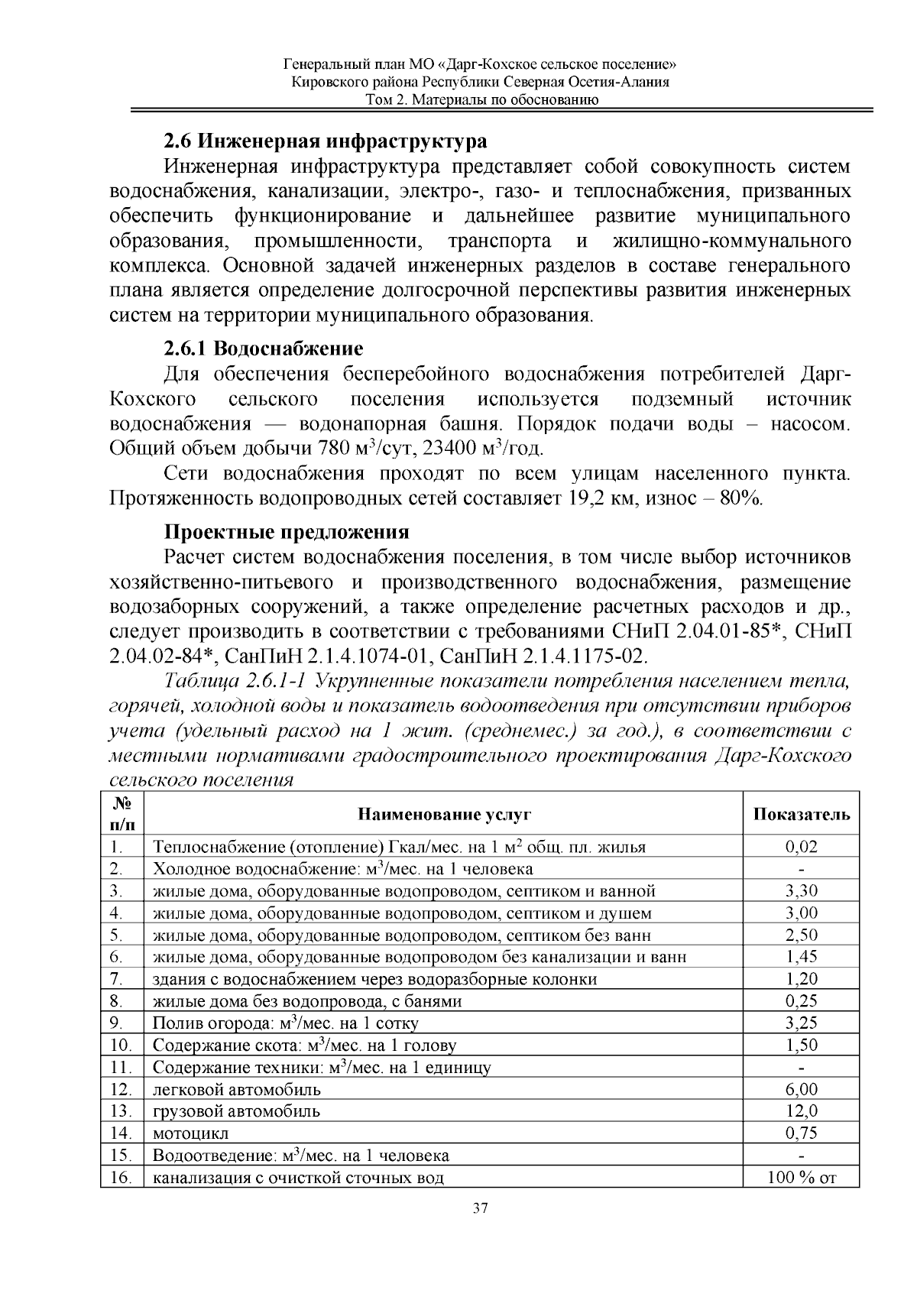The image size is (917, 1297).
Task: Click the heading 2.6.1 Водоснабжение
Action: pyautogui.click(x=263, y=349)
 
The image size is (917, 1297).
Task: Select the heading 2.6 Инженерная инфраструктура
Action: pyautogui.click(x=325, y=141)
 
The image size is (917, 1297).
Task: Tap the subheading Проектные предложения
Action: pyautogui.click(x=287, y=533)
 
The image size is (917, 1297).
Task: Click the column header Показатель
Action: pyautogui.click(x=801, y=815)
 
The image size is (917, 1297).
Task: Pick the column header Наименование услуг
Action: pyautogui.click(x=444, y=815)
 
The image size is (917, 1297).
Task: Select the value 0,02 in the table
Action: pyautogui.click(x=801, y=847)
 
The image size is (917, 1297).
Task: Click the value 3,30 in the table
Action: pyautogui.click(x=801, y=891)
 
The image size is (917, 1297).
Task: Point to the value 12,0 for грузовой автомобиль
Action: pyautogui.click(x=801, y=1111)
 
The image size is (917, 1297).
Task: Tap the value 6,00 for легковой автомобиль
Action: pyautogui.click(x=801, y=1089)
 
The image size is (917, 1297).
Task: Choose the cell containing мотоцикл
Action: pyautogui.click(x=191, y=1133)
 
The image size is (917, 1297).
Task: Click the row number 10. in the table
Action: pyautogui.click(x=122, y=1046)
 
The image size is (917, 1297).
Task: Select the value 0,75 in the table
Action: pyautogui.click(x=801, y=1133)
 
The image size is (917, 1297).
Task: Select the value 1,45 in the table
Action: pyautogui.click(x=801, y=957)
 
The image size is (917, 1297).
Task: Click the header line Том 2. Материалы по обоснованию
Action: pyautogui.click(x=481, y=100)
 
